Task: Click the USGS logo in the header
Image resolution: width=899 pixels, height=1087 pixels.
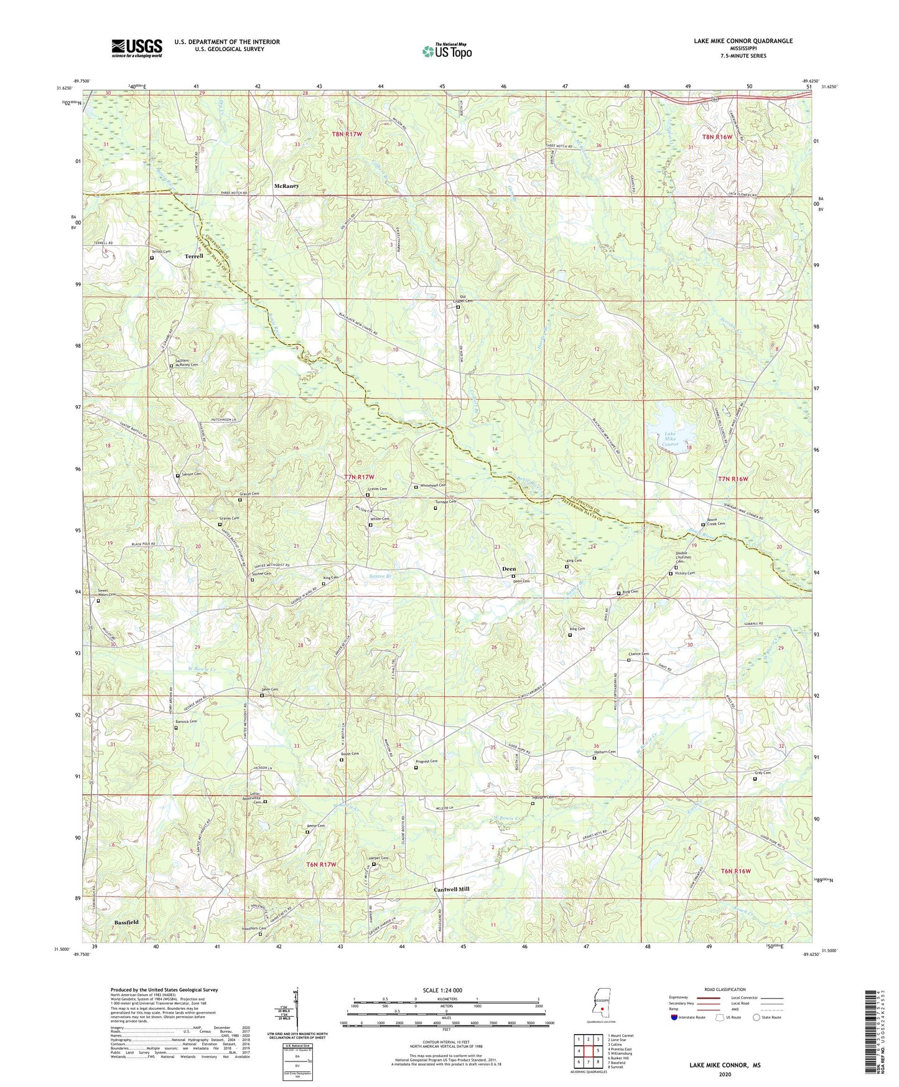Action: click(137, 48)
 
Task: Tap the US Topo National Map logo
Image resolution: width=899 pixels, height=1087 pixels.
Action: click(447, 50)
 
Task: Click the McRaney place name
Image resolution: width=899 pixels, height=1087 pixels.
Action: click(286, 186)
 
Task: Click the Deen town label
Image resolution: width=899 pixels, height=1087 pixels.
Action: click(509, 569)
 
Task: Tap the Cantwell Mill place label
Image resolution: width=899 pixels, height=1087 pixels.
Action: click(451, 890)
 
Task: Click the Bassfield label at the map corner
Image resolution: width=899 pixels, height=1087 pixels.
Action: click(126, 922)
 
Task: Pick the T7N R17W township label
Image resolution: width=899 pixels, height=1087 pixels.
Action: click(359, 478)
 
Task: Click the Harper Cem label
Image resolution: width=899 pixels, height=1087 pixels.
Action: click(380, 859)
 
